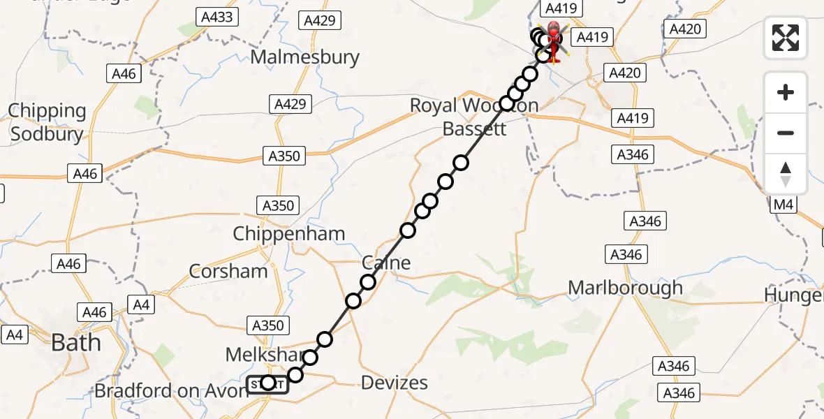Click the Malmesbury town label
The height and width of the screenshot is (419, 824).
(304, 57)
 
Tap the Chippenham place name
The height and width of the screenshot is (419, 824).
(289, 233)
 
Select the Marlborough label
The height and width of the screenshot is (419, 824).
(625, 288)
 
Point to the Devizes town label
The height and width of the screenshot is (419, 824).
(395, 383)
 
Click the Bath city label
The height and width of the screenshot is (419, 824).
(75, 343)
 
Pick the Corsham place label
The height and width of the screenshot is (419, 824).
(228, 271)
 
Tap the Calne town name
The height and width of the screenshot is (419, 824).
(386, 263)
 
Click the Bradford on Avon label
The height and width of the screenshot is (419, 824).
(171, 390)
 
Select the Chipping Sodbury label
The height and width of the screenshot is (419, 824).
(46, 122)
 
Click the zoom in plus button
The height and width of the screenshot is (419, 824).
(786, 92)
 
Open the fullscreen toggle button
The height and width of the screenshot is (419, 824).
(786, 38)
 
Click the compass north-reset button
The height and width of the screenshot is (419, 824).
(786, 174)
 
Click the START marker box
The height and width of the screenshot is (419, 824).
(267, 383)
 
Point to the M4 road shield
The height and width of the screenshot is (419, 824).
(784, 205)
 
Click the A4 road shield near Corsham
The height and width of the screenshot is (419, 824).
(141, 304)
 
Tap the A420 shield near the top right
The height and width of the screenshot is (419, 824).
(684, 29)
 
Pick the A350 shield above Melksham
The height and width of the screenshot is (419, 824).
(268, 325)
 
